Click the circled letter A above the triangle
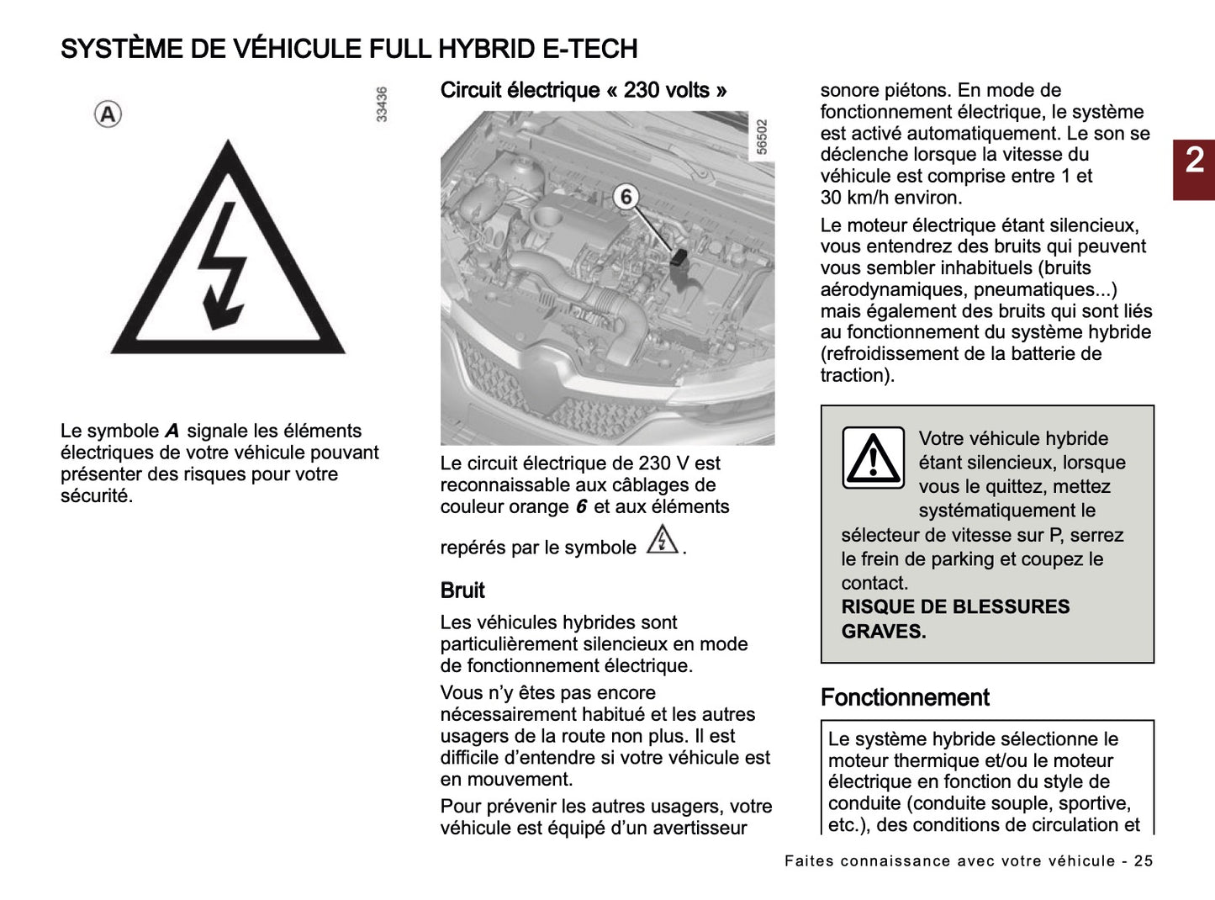click(x=108, y=114)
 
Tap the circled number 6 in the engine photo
click(x=626, y=197)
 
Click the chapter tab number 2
click(x=1194, y=160)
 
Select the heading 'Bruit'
click(x=462, y=590)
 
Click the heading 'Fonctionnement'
click(x=905, y=697)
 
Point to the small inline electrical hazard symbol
click(x=663, y=540)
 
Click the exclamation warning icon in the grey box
click(x=873, y=458)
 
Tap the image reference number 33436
click(x=382, y=104)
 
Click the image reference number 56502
click(x=762, y=137)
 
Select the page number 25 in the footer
click(x=1143, y=860)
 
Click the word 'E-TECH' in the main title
click(x=590, y=49)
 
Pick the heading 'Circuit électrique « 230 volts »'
click(x=584, y=90)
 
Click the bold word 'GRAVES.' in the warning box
click(x=884, y=631)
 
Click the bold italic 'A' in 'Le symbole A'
click(x=172, y=431)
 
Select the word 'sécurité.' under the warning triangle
click(x=97, y=495)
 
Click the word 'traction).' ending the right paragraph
click(x=857, y=375)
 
